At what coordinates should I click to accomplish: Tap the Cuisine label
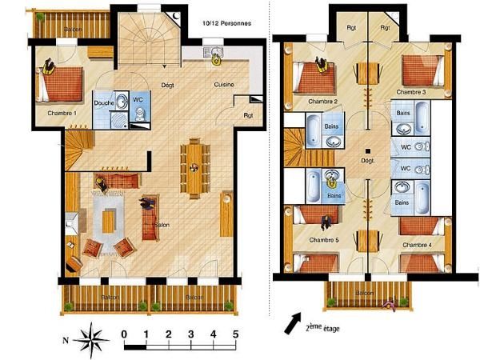(222, 84)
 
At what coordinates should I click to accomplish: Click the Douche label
(103, 103)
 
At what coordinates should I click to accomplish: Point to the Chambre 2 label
(324, 102)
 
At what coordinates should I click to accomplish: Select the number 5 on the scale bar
(236, 333)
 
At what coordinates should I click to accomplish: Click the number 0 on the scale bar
(123, 333)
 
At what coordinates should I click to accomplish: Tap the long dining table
(194, 167)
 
